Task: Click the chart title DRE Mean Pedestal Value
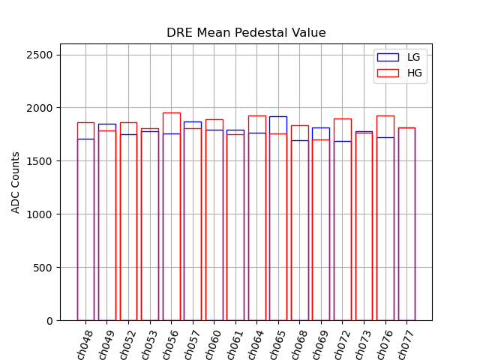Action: tap(246, 33)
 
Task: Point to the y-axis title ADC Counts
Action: tap(16, 182)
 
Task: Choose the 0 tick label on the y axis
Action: tap(49, 321)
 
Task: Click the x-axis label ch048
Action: tap(84, 344)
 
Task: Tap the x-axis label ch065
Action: tap(277, 344)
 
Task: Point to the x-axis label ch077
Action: tap(406, 344)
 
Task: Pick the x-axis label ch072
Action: tap(341, 344)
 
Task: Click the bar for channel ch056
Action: tap(172, 225)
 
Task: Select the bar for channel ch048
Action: tap(85, 225)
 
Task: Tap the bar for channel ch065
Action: tap(278, 225)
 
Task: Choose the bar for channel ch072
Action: tap(343, 225)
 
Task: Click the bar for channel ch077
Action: tap(407, 225)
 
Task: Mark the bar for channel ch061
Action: tap(235, 225)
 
